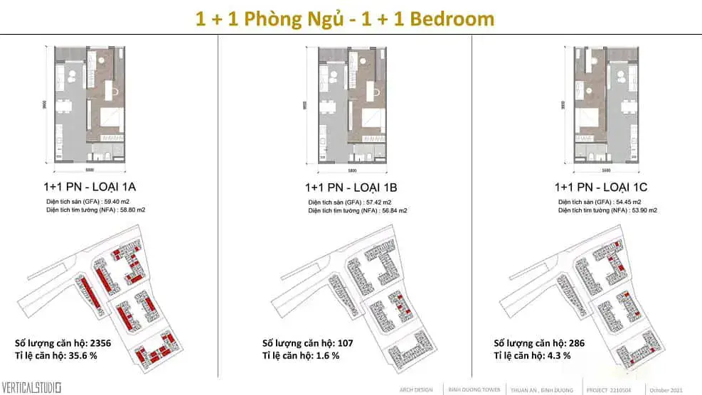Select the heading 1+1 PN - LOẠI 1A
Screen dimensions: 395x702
tap(90, 188)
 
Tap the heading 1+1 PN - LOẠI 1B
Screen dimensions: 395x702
tap(351, 188)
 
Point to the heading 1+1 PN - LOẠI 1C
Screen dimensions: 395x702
tap(601, 188)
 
